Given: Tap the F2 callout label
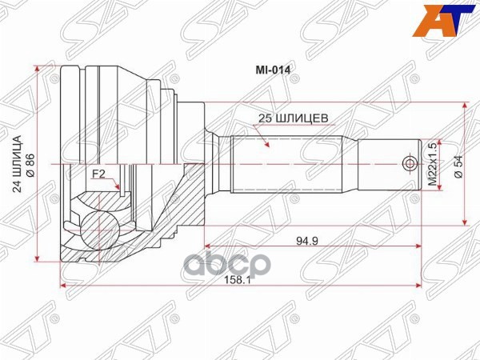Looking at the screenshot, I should pos(98,174).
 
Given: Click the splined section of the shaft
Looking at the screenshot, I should pos(288,165).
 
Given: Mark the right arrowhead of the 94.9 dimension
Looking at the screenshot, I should pos(418,244).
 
